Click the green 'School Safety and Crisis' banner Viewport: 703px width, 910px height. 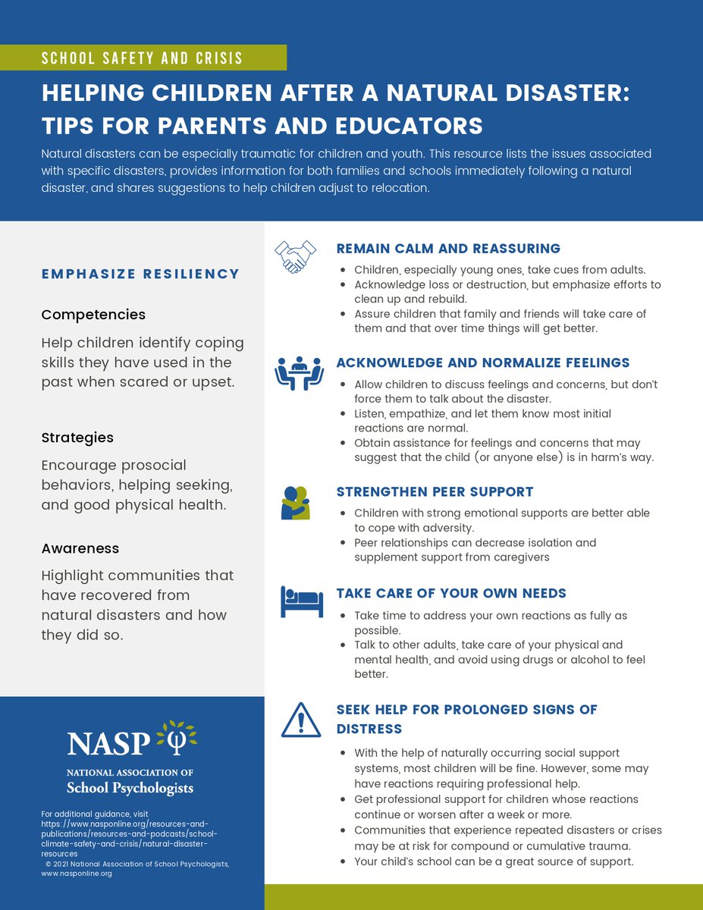click(143, 58)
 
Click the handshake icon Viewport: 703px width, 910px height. click(295, 257)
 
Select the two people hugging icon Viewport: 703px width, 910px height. click(295, 503)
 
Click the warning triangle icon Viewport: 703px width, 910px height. click(301, 720)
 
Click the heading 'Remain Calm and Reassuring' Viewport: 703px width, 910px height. click(448, 249)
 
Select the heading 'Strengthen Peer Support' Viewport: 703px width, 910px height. click(435, 491)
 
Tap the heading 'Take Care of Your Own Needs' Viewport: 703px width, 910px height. click(451, 593)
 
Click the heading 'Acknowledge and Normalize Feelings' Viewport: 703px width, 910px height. click(483, 362)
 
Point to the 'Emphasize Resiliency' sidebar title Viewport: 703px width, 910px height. click(140, 274)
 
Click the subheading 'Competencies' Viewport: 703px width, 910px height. click(93, 314)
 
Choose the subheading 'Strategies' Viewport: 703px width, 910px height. click(77, 438)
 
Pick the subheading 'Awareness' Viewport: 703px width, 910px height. click(80, 548)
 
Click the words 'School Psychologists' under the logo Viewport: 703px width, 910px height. click(130, 788)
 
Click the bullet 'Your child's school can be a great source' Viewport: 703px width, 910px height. click(493, 861)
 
